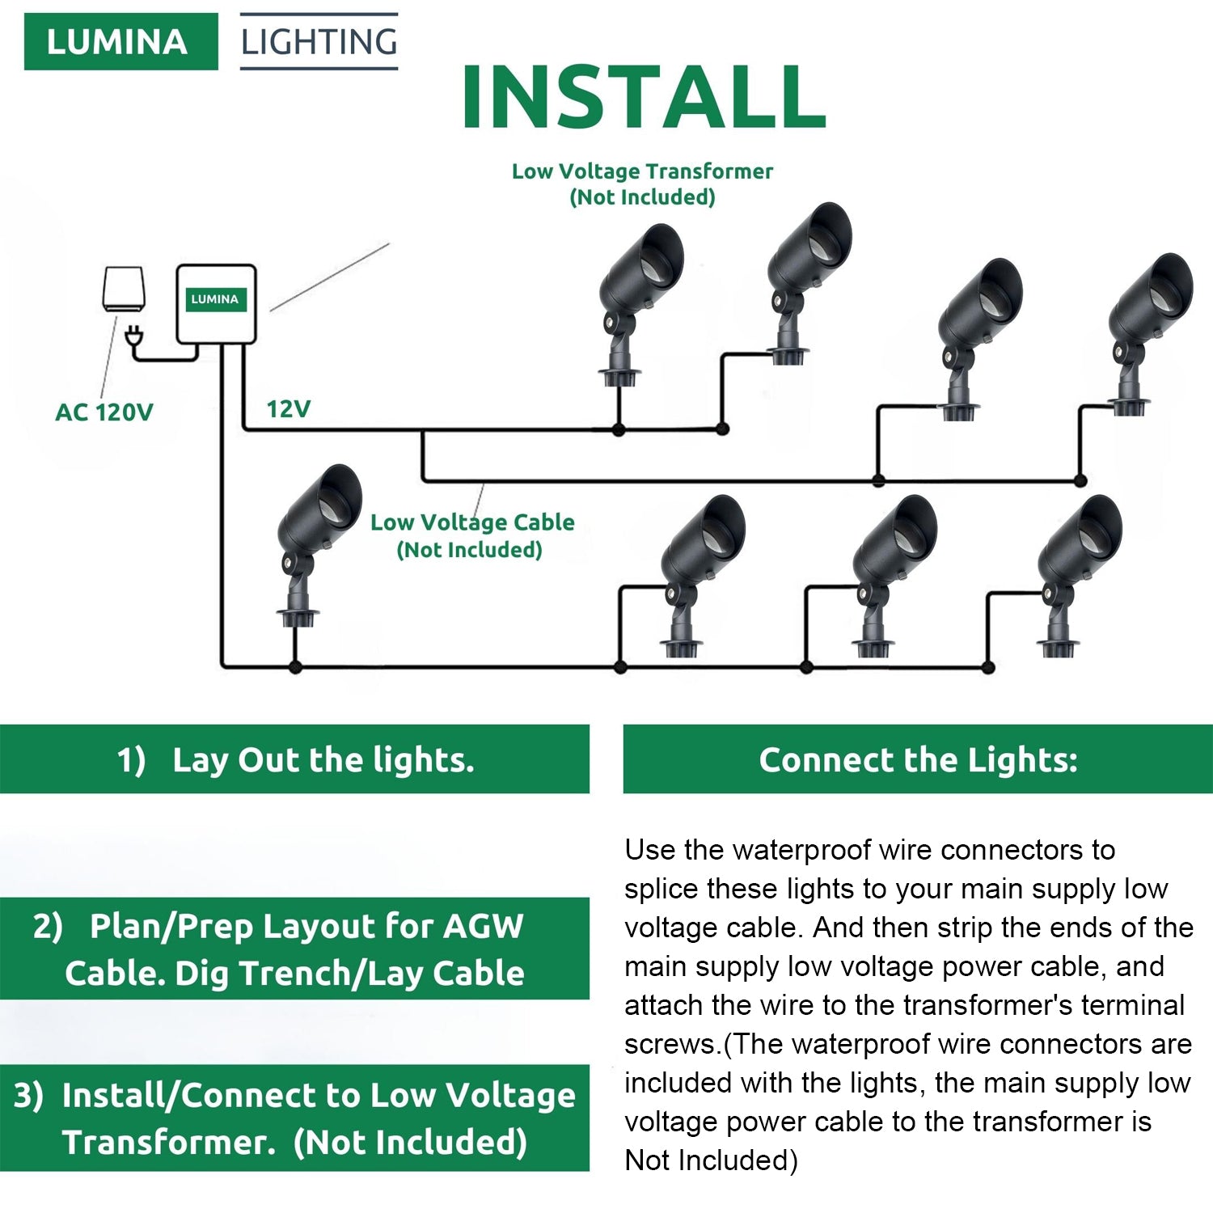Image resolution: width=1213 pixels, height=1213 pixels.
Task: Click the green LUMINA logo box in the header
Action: pyautogui.click(x=120, y=41)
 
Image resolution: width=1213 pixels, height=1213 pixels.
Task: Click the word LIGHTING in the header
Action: pyautogui.click(x=319, y=42)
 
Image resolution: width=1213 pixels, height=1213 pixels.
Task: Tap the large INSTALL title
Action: pyautogui.click(x=643, y=97)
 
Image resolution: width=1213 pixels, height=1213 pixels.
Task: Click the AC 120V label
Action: pyautogui.click(x=104, y=412)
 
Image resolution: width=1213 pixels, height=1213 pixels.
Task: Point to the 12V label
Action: pyautogui.click(x=289, y=409)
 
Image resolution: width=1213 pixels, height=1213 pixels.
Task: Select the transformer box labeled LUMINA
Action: pyautogui.click(x=216, y=303)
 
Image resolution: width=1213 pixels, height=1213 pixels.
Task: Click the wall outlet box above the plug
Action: pyautogui.click(x=124, y=288)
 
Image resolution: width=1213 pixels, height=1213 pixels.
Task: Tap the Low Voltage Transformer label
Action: pyautogui.click(x=642, y=184)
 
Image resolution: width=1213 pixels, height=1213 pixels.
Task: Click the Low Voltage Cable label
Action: pyautogui.click(x=472, y=535)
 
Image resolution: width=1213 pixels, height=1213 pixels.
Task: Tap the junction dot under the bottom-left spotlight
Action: pyautogui.click(x=295, y=667)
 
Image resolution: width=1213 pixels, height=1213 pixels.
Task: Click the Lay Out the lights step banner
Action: pyautogui.click(x=294, y=759)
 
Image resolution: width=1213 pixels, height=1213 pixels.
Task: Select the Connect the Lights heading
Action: pyautogui.click(x=918, y=759)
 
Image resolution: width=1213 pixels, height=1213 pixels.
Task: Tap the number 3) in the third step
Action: pyautogui.click(x=28, y=1095)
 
